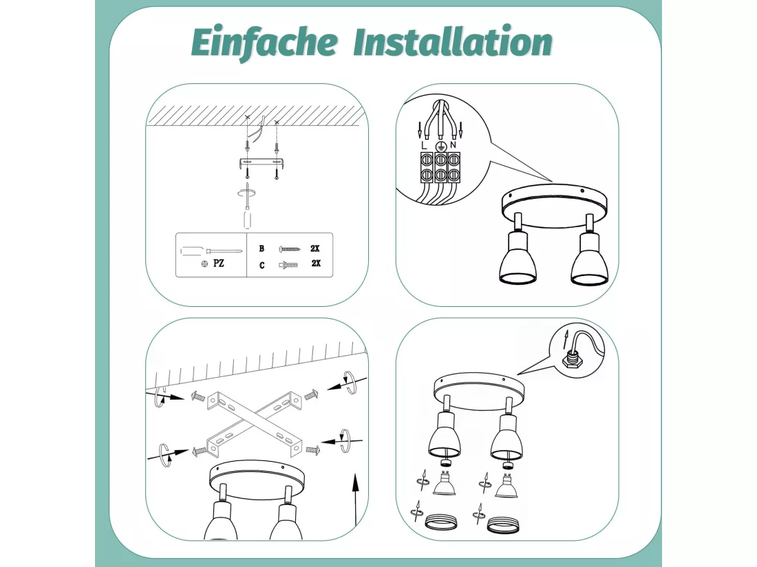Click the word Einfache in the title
click(264, 43)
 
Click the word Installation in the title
click(453, 41)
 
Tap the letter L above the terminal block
click(424, 145)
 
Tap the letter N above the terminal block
click(453, 145)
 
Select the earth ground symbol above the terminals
click(440, 146)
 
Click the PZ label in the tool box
click(219, 264)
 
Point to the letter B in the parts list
click(262, 248)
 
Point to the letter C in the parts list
click(262, 265)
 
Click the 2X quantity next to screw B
click(314, 248)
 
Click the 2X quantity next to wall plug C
click(316, 263)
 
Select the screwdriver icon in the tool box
click(211, 251)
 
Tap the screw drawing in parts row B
click(290, 249)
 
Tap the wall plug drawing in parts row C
click(288, 264)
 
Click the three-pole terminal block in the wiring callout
click(440, 167)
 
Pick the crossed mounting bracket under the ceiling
click(255, 422)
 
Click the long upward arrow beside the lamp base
click(356, 500)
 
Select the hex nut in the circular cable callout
click(572, 360)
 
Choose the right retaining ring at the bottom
click(502, 525)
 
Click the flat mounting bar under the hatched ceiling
click(261, 163)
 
